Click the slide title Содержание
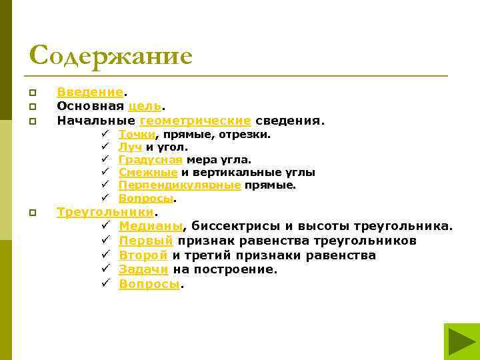point(111,55)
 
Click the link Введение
point(90,91)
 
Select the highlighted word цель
point(145,105)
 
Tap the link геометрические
point(195,120)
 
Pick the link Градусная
point(150,160)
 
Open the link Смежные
point(148,173)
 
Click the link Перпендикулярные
point(179,185)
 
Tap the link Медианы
point(151,226)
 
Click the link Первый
point(146,241)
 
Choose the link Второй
point(143,255)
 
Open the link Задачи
point(143,269)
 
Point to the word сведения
point(289,120)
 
